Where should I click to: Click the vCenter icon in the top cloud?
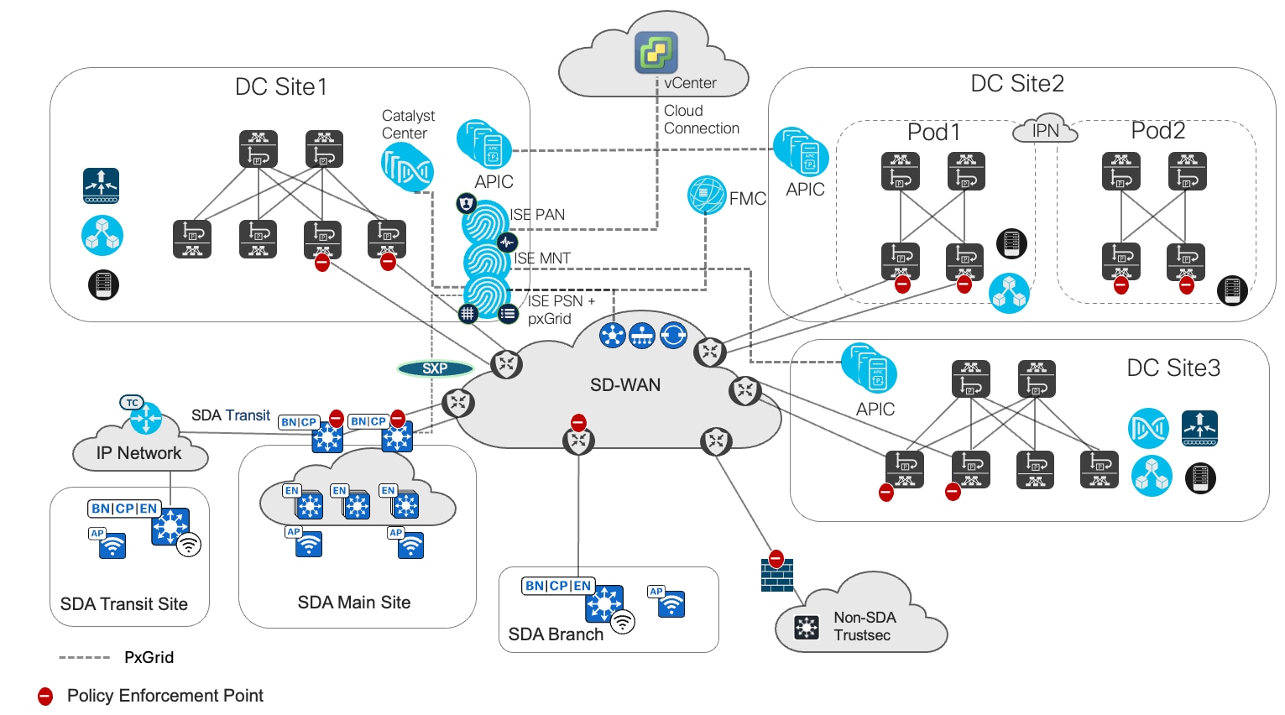(656, 52)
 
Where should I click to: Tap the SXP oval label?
(435, 368)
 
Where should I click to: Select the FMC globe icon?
(707, 196)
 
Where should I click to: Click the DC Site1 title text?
(281, 87)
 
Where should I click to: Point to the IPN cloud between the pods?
(1045, 130)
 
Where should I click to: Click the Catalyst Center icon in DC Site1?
(407, 167)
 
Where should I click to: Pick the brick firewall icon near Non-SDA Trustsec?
(776, 576)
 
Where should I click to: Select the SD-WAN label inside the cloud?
(625, 385)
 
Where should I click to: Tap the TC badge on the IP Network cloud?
(132, 403)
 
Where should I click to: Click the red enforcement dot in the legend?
(45, 697)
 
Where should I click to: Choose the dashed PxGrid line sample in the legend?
(84, 658)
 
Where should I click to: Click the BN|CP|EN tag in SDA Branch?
(558, 586)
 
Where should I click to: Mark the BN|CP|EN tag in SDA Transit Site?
(124, 509)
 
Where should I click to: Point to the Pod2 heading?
(1157, 131)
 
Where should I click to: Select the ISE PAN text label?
(537, 215)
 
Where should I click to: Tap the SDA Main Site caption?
(354, 603)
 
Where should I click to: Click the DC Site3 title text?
(1173, 368)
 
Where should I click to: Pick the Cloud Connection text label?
(701, 120)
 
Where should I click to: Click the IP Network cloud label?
(138, 453)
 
